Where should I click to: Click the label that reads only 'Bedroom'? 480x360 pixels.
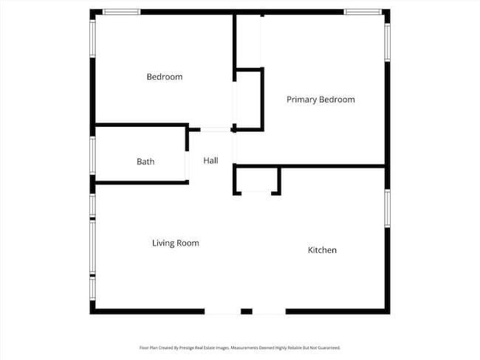pos(164,77)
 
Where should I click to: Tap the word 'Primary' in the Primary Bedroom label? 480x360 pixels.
pos(301,100)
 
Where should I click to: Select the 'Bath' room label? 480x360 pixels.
pos(145,162)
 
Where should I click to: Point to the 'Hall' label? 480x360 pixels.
pos(210,160)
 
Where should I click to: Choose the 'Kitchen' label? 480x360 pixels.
pos(322,250)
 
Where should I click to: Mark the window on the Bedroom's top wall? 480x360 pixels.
pos(122,12)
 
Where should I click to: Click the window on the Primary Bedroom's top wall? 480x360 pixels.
pos(363,12)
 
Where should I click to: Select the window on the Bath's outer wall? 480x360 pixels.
pos(92,154)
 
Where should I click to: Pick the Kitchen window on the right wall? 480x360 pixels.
pos(386,208)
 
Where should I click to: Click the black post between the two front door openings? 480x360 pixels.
pos(247,311)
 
